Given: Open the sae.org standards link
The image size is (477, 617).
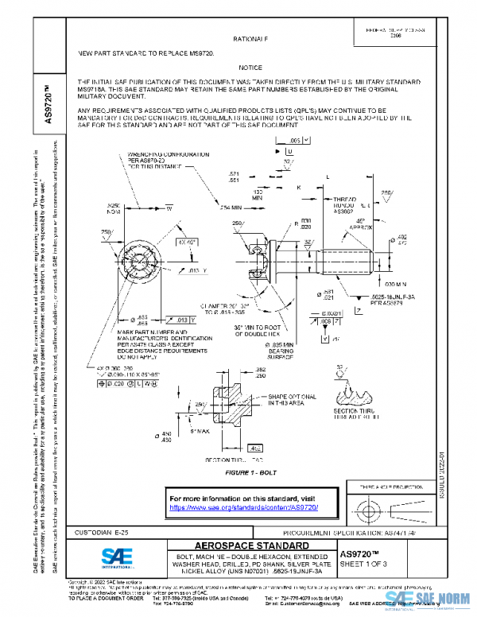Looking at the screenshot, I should click(244, 506).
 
